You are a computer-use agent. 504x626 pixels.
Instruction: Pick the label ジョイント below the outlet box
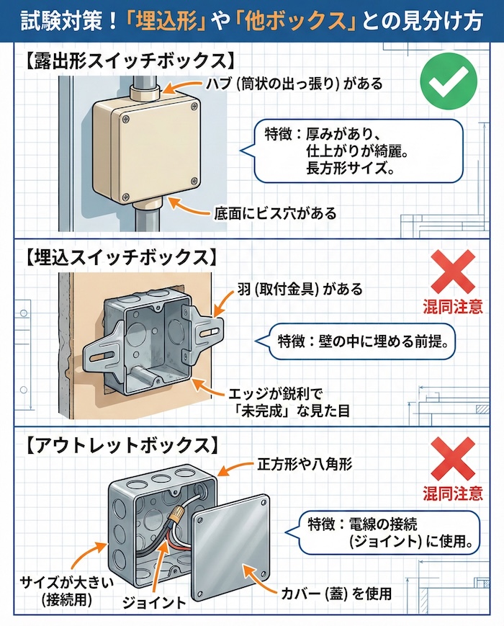[155, 602]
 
